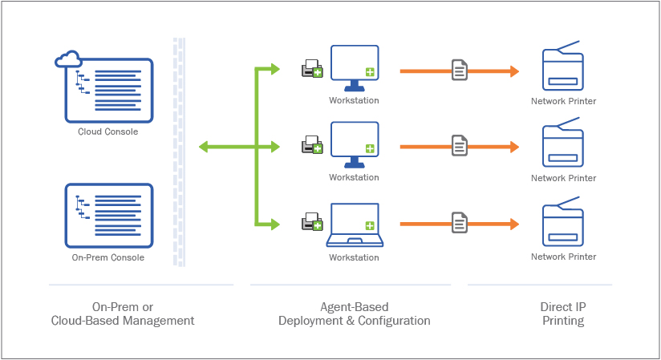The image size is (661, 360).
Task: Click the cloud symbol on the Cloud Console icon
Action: point(68,59)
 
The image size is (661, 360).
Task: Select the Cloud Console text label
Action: point(108,131)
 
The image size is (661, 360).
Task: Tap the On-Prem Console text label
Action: point(108,257)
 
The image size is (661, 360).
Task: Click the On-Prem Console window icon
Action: point(108,214)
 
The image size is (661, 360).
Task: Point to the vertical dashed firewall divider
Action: point(179,152)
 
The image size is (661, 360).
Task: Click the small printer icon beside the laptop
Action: point(312,224)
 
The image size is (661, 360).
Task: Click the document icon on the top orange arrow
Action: point(459,71)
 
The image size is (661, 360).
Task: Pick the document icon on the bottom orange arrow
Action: point(459,222)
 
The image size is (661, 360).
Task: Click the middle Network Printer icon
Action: point(563,144)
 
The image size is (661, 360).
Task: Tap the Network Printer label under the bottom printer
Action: point(564,257)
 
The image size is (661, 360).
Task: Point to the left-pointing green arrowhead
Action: point(205,147)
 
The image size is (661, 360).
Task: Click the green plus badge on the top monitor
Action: point(369,72)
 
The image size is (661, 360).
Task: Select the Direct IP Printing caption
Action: point(562,313)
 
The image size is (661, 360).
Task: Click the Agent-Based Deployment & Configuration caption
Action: point(354,313)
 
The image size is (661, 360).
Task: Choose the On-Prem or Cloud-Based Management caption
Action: point(123,313)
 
